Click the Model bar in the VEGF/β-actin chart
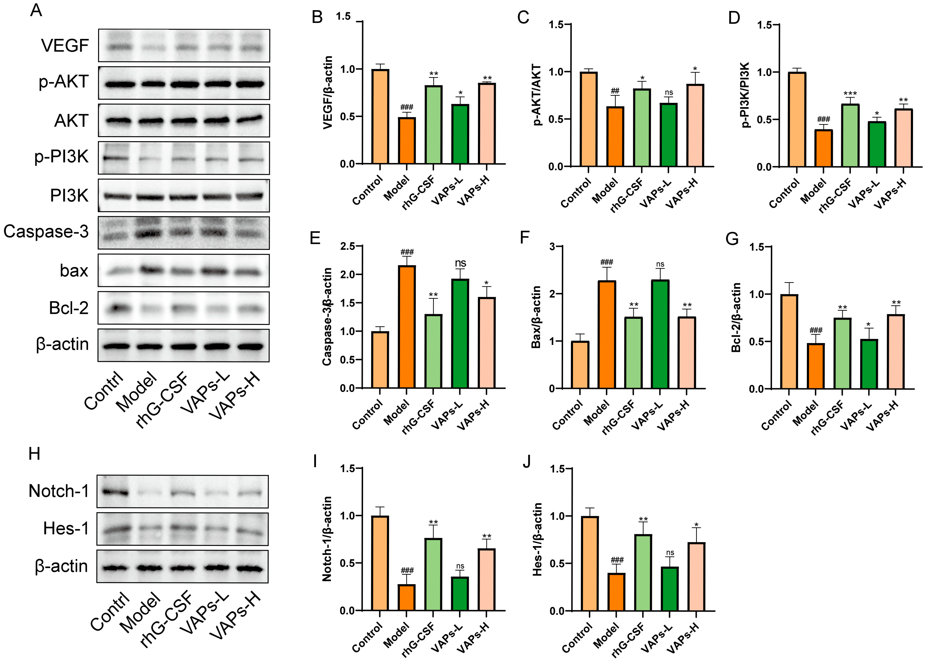coord(407,141)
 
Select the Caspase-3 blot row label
coord(46,232)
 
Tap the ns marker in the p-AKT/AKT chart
coord(669,93)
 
